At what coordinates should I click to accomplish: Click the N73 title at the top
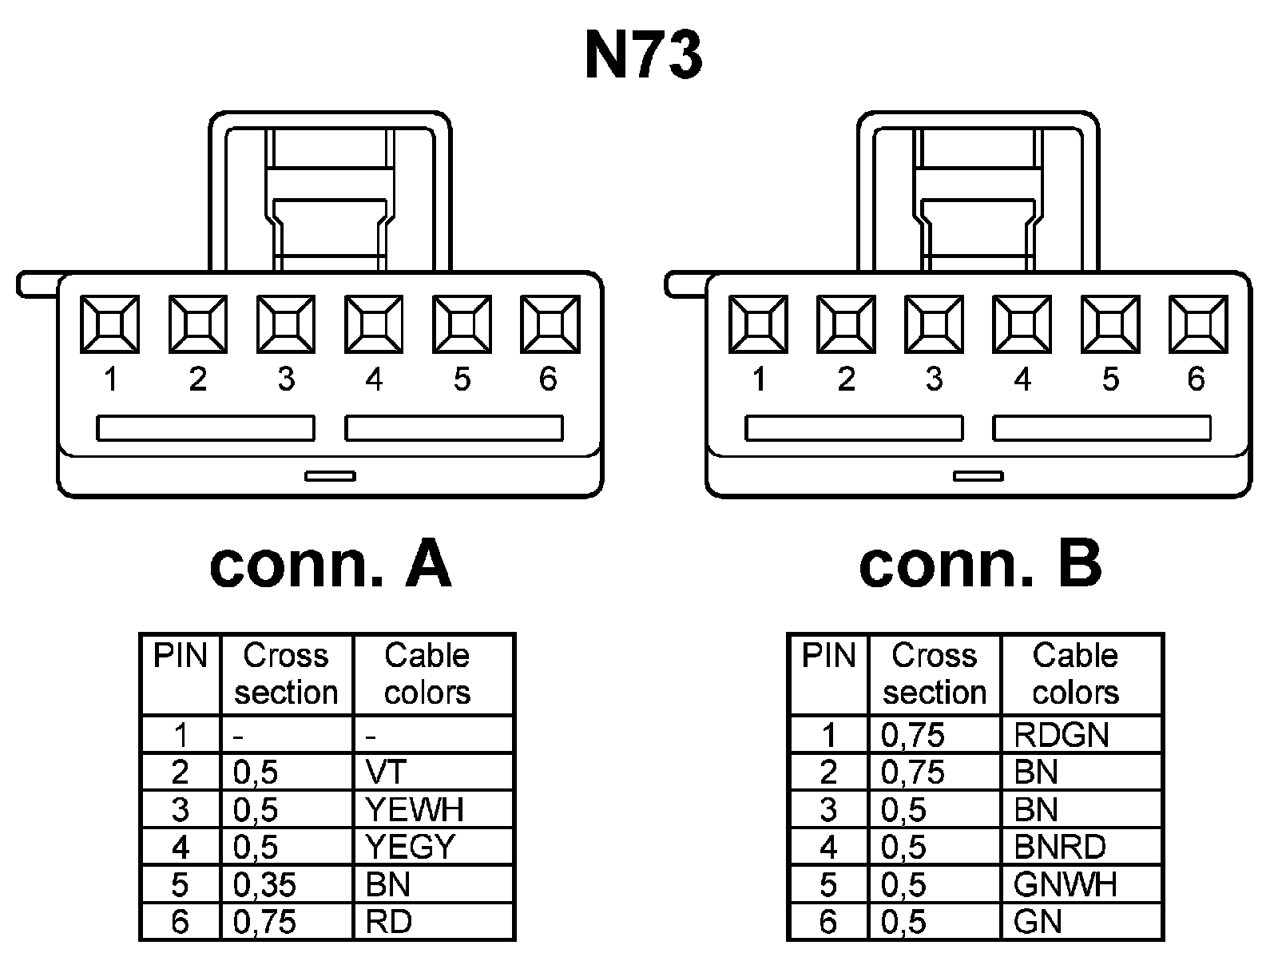coord(643,56)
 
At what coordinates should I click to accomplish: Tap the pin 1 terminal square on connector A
coord(109,324)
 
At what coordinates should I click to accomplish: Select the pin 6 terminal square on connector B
coord(1197,324)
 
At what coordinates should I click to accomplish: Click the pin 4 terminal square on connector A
coord(374,324)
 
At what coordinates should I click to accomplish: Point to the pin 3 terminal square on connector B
coord(934,324)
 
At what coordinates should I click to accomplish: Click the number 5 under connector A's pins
coord(462,379)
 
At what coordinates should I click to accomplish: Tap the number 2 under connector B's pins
coord(847,379)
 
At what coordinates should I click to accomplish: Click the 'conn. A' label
coord(330,565)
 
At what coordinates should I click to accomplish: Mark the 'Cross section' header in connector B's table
coord(935,674)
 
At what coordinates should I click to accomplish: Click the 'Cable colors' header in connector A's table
coord(427,674)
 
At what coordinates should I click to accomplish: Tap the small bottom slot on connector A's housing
coord(330,476)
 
